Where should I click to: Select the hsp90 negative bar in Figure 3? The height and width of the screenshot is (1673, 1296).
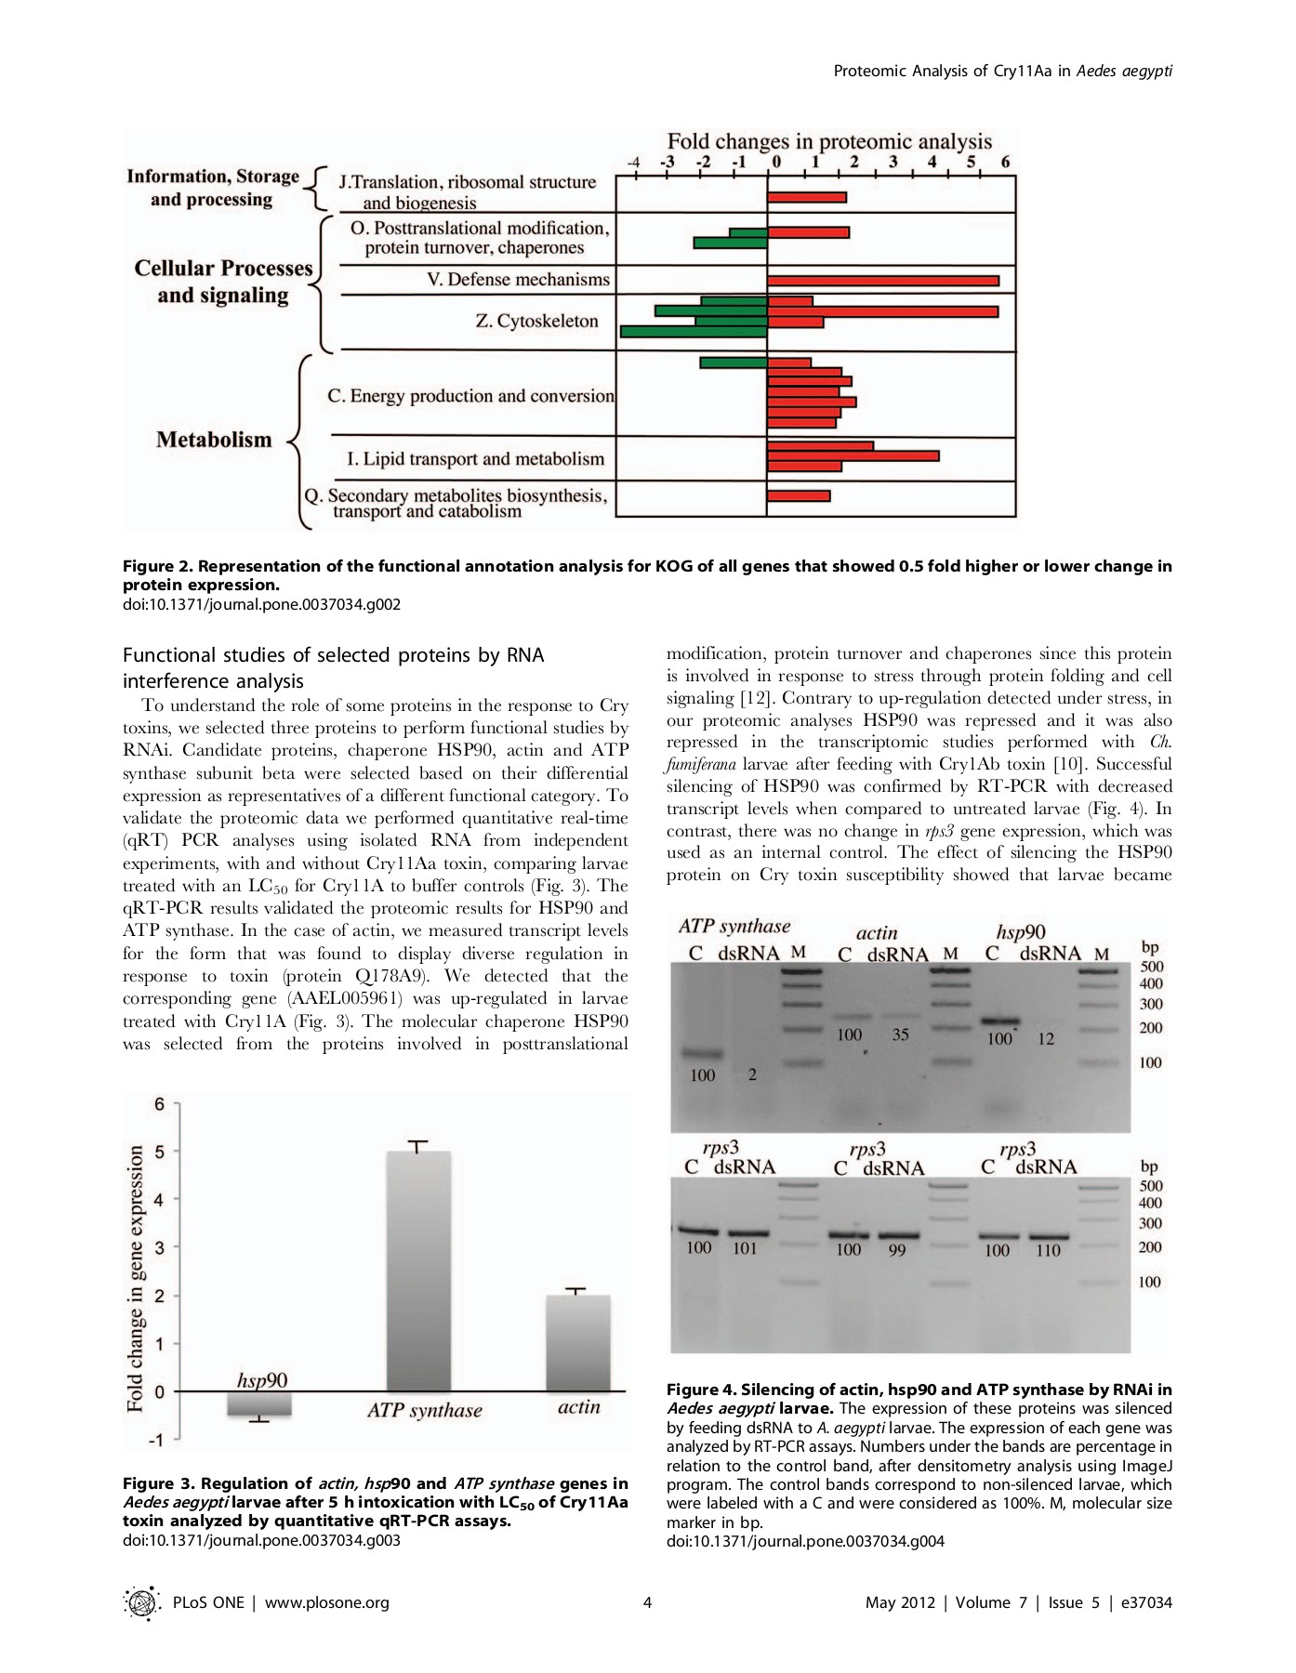(259, 1404)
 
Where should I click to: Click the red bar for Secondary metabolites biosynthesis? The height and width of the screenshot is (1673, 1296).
(799, 496)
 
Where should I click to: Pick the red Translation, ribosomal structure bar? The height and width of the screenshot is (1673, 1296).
(807, 197)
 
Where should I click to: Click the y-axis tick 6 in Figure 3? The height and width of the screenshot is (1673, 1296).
(159, 1104)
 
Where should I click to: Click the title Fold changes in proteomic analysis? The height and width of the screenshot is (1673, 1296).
(829, 141)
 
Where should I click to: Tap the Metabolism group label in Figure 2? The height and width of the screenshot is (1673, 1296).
(214, 440)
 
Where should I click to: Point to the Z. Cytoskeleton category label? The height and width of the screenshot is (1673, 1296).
(536, 322)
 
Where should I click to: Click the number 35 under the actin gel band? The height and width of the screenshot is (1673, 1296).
(900, 1034)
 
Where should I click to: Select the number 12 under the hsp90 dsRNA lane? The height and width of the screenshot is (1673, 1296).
(1046, 1039)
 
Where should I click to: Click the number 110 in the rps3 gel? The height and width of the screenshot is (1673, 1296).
(1048, 1251)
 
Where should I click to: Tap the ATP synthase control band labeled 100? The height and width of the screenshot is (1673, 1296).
(703, 1054)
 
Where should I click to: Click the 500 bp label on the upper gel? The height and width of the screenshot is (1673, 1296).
(1151, 967)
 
